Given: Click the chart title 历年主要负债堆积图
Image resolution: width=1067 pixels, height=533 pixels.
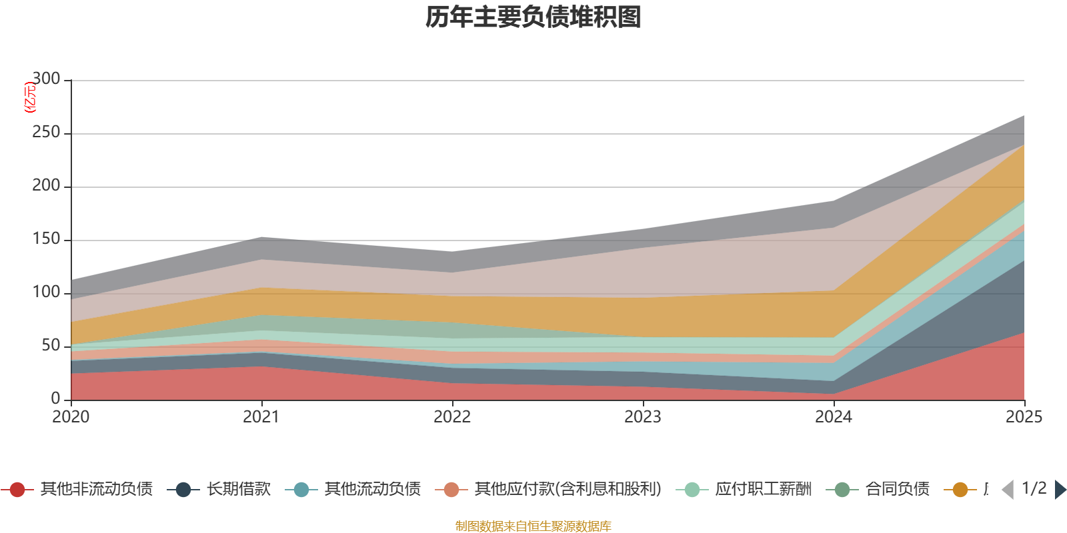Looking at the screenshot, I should point(533,17).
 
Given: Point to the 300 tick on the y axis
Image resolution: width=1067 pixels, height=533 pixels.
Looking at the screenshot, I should point(46,79).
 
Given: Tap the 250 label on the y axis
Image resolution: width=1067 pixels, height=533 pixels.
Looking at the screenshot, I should point(46,133).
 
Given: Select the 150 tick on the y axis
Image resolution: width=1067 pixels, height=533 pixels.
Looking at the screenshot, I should point(46,239).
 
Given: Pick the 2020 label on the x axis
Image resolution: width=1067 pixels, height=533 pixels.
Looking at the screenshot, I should point(71,417).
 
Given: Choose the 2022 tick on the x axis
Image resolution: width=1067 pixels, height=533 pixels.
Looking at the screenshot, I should point(452,417).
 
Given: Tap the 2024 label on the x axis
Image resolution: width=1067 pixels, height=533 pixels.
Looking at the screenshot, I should point(834,417).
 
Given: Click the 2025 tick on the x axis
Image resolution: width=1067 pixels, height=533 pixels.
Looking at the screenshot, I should point(1024,417).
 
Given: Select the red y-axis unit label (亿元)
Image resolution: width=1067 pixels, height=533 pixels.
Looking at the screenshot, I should point(29,97).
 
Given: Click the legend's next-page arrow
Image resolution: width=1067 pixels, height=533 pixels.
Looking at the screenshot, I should point(1060,490).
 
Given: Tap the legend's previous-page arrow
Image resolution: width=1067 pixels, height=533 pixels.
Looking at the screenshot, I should point(1008,490).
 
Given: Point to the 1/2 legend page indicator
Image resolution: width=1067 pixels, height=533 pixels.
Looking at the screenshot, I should point(1034,488).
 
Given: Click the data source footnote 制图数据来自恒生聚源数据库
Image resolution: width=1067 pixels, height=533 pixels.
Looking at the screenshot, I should point(533,526).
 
